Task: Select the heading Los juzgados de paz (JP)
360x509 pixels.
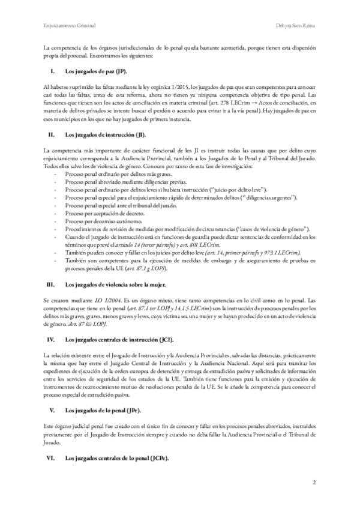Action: (95, 71)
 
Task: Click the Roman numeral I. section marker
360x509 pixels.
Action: (52, 71)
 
